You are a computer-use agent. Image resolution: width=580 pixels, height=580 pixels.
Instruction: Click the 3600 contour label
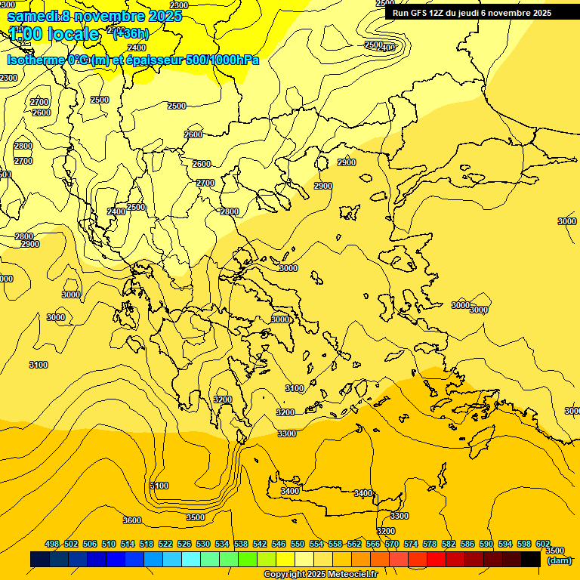pos(132,520)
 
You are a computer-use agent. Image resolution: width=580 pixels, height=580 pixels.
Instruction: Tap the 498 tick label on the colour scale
pos(52,544)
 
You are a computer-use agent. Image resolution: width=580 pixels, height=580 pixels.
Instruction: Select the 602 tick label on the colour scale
pos(543,544)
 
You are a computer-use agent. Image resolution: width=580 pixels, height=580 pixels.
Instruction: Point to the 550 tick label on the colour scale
pos(298,544)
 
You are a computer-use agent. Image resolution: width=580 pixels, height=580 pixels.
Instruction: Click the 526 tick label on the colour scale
pos(184,544)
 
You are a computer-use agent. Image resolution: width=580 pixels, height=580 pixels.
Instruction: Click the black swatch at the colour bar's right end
pos(531,559)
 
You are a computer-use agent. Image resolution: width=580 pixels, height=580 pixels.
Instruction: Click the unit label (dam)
pos(559,560)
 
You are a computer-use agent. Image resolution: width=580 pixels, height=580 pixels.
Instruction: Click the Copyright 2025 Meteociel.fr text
pos(321,575)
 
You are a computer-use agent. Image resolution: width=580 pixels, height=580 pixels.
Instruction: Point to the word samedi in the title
pos(32,16)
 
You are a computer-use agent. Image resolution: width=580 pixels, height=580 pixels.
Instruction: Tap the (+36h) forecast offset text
pos(130,33)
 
